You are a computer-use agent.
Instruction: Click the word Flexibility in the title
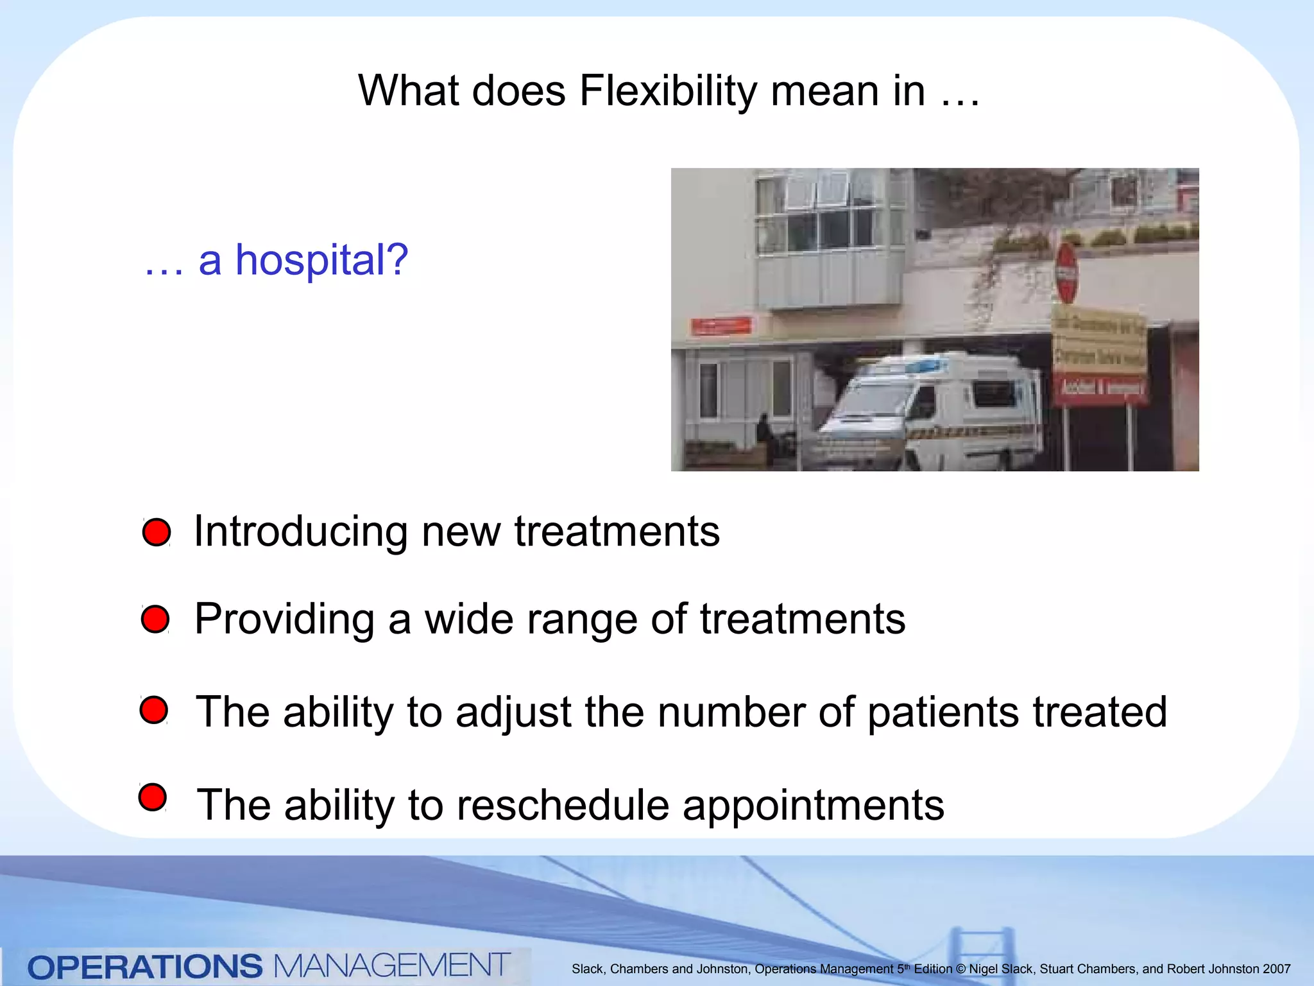(667, 91)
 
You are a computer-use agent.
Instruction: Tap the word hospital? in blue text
(321, 261)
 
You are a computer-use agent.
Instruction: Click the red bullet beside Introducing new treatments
(157, 532)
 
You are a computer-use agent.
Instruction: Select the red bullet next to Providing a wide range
(155, 619)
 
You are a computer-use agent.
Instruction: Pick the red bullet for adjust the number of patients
(154, 710)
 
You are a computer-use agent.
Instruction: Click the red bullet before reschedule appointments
(153, 797)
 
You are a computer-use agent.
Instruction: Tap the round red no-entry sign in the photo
(1066, 273)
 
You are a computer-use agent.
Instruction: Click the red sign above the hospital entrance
(721, 326)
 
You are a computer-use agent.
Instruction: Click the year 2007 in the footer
(1276, 969)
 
